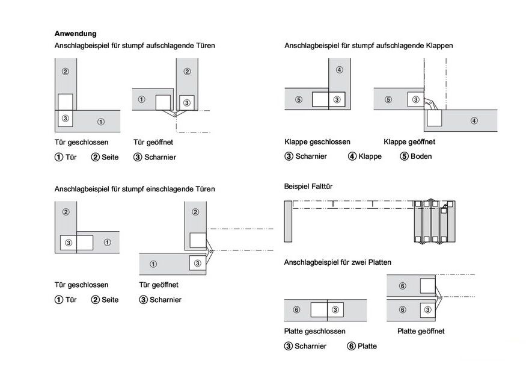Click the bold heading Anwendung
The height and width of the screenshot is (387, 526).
(x=75, y=34)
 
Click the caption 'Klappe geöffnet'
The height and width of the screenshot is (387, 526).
(x=409, y=142)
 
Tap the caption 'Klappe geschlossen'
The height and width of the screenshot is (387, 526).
(x=317, y=142)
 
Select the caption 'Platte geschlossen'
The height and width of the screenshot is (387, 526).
(x=314, y=332)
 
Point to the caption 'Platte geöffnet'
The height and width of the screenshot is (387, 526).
(x=421, y=331)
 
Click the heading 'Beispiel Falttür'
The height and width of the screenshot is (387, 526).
(x=308, y=187)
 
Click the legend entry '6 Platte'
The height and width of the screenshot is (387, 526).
(x=362, y=346)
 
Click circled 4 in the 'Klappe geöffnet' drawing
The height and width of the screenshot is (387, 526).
(x=474, y=121)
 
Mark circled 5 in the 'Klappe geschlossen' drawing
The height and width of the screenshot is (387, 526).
(x=299, y=99)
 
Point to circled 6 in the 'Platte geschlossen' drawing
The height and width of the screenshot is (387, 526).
(x=296, y=310)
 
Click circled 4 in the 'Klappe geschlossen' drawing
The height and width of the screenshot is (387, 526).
(x=339, y=70)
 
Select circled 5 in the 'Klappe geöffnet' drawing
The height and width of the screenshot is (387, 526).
(x=388, y=99)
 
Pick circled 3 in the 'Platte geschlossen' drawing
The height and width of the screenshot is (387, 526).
(x=335, y=310)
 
